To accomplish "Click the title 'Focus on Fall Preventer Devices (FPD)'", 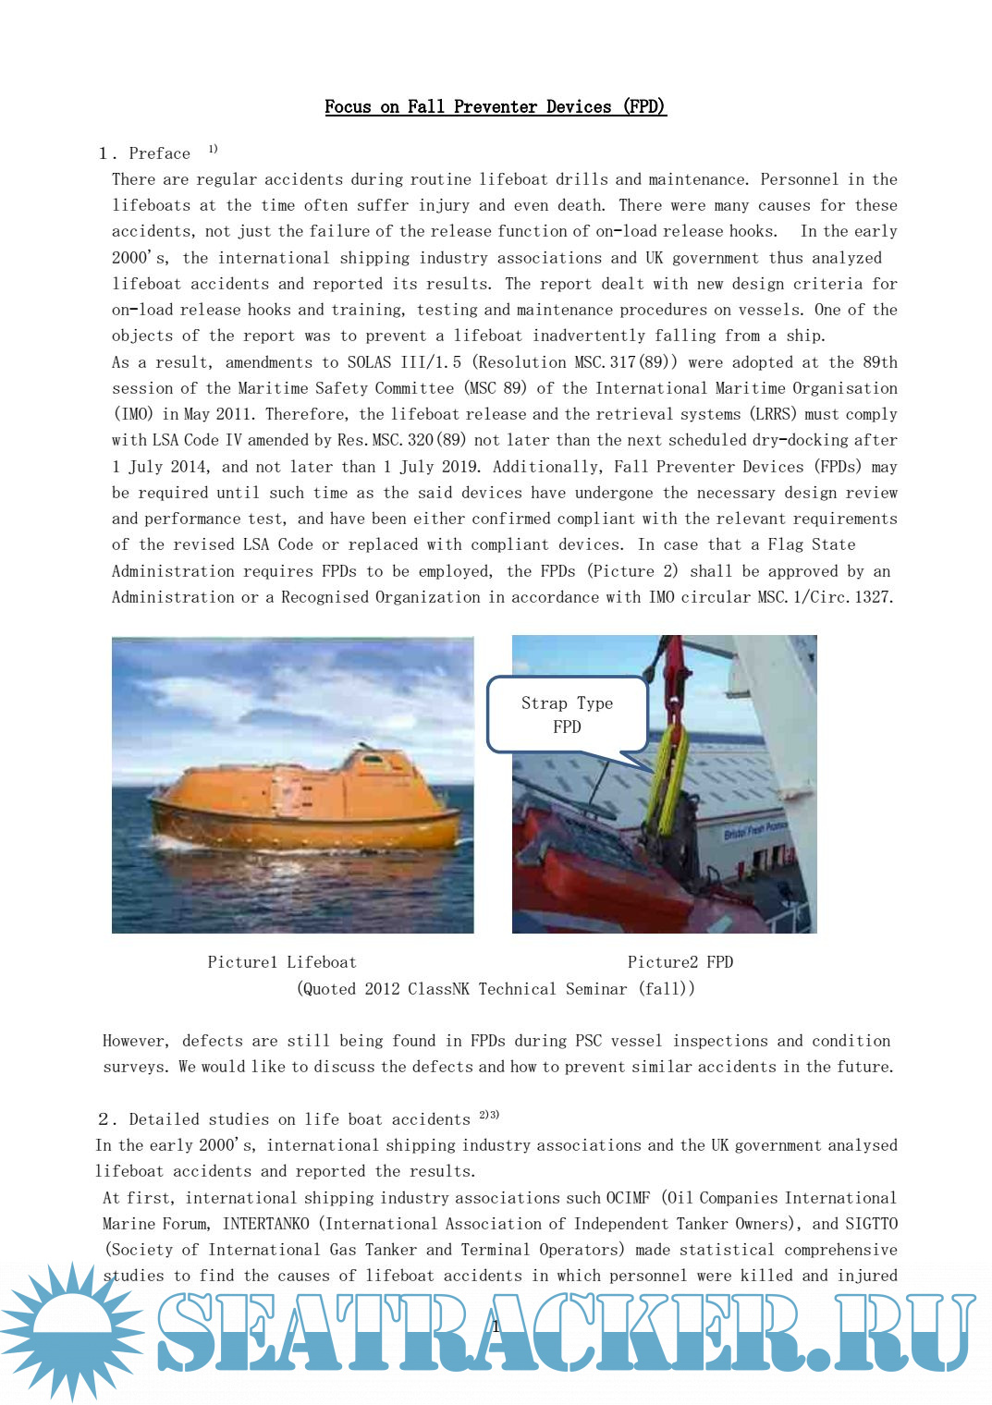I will point(495,107).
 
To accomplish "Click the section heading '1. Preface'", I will point(144,153).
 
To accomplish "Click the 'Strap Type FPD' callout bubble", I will point(567,715).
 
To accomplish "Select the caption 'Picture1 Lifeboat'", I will point(281,962).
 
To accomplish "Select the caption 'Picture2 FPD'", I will point(680,962).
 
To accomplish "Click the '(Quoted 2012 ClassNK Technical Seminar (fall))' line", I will point(496,989).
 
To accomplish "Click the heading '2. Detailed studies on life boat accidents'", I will point(285,1119).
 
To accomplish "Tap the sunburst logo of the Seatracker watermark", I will point(70,1331).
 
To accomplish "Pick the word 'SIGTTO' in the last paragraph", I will point(871,1224).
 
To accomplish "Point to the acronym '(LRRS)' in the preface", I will point(772,414).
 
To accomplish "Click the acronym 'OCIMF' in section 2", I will point(628,1198).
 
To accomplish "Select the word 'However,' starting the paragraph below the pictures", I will point(136,1041).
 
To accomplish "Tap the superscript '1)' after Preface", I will point(213,149).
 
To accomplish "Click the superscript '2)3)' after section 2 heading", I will point(489,1115).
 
